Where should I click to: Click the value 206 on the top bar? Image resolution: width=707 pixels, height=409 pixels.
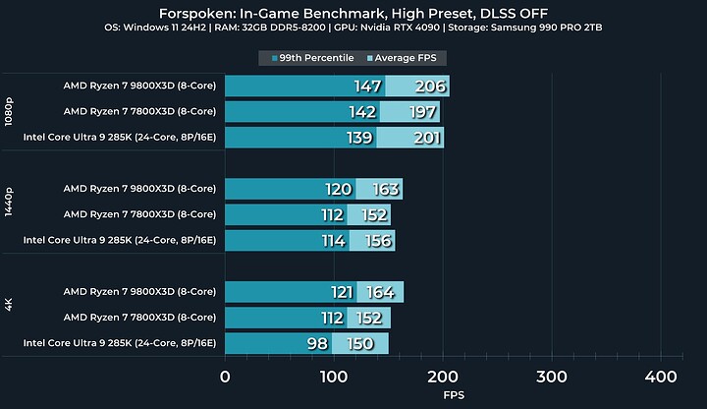click(x=429, y=87)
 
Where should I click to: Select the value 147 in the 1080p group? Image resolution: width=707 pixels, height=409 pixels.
click(x=367, y=87)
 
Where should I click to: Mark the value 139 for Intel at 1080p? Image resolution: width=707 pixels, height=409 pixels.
click(x=359, y=138)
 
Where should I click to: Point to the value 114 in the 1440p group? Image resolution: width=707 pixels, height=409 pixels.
click(x=332, y=240)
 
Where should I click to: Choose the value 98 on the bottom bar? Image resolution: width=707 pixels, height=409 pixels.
click(x=317, y=342)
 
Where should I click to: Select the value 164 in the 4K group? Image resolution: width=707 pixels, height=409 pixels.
click(x=383, y=291)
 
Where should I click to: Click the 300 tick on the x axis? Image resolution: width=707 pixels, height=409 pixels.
click(x=552, y=377)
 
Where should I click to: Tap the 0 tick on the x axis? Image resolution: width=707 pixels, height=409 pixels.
click(x=226, y=377)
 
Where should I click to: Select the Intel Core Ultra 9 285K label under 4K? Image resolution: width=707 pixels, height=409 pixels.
click(x=119, y=342)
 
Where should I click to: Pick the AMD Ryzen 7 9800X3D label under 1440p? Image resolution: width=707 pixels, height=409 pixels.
click(x=139, y=189)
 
